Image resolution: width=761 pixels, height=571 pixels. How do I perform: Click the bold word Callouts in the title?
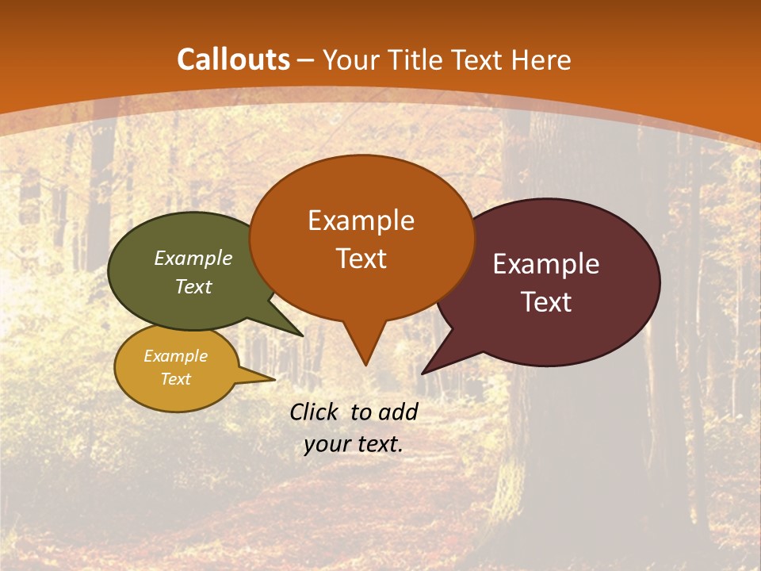click(234, 59)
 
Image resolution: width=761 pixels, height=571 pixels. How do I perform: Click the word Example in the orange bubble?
click(361, 220)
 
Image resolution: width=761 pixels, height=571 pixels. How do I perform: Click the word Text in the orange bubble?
click(361, 259)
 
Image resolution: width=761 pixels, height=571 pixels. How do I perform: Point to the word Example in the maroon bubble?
click(546, 264)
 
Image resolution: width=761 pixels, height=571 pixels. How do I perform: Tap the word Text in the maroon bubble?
click(547, 302)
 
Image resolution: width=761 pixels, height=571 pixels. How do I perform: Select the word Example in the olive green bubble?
click(193, 258)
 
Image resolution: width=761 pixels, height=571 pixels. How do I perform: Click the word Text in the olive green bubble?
click(193, 286)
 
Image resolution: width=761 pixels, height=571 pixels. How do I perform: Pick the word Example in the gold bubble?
click(175, 356)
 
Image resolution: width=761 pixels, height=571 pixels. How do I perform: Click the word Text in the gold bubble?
click(175, 379)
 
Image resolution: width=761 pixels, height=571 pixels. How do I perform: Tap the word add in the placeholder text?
click(397, 412)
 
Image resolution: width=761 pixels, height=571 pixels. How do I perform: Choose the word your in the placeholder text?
click(326, 444)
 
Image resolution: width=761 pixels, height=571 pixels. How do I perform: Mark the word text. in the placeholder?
click(379, 444)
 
